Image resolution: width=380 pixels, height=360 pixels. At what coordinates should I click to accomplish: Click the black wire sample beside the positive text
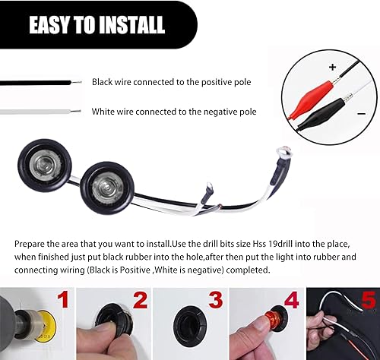pos(38,81)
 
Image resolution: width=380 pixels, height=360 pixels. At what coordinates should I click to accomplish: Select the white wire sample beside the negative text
pos(38,111)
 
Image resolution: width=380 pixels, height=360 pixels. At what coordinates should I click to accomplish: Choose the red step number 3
pos(214,301)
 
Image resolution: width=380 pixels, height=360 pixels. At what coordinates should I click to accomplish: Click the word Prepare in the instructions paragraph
pos(31,245)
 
